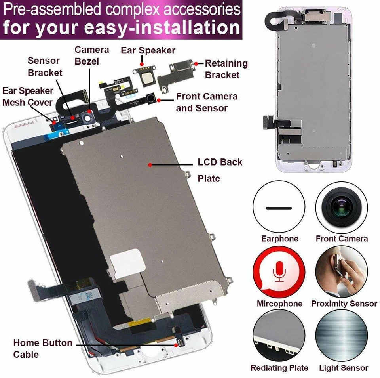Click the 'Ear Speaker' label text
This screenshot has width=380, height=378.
pyautogui.click(x=148, y=51)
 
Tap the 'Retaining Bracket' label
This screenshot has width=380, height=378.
pyautogui.click(x=226, y=69)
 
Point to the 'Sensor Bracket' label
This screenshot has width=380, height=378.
pyautogui.click(x=44, y=67)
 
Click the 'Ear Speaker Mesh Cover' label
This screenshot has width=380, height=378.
pyautogui.click(x=27, y=96)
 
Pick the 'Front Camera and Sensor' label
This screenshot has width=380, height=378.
pyautogui.click(x=207, y=102)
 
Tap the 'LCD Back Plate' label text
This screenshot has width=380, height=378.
pyautogui.click(x=220, y=170)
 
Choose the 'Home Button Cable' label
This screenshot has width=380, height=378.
pyautogui.click(x=43, y=348)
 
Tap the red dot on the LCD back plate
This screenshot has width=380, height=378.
pyautogui.click(x=150, y=164)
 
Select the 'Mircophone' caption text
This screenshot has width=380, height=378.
pyautogui.click(x=279, y=304)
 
